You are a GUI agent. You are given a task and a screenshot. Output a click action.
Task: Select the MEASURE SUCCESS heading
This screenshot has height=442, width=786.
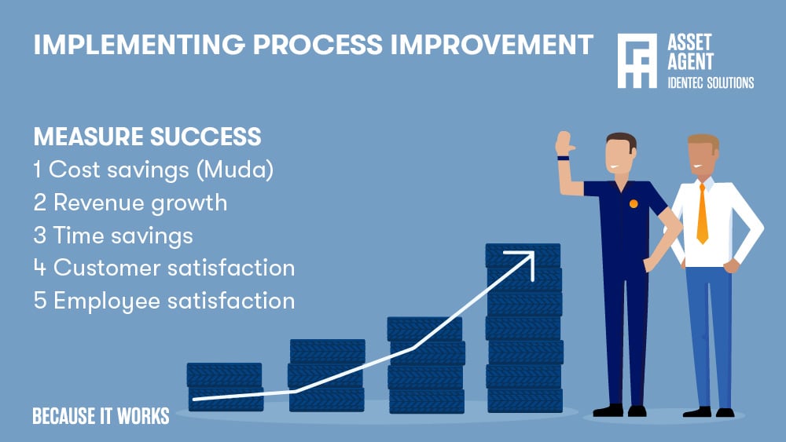(147, 137)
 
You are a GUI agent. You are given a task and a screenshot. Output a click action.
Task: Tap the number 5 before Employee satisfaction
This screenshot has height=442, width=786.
(40, 301)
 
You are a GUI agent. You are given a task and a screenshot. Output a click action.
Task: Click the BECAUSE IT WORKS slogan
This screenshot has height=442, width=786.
(101, 415)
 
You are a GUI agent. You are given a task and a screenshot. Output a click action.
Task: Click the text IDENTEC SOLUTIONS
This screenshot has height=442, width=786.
(710, 82)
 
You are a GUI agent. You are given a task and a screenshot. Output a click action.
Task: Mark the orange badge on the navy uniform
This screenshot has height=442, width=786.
(634, 204)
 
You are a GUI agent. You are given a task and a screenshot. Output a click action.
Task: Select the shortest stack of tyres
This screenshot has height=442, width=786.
(225, 386)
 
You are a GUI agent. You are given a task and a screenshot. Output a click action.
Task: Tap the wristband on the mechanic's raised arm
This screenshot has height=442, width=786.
(563, 158)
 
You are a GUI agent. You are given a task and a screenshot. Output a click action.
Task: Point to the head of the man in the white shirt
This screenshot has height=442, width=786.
(703, 155)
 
